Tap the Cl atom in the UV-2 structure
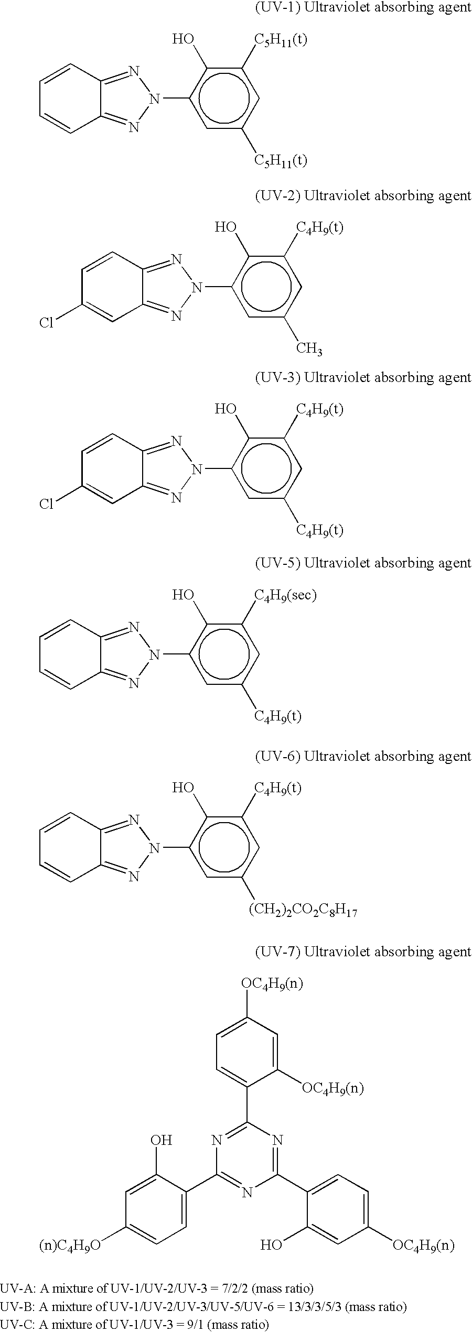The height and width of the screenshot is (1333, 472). click(x=47, y=323)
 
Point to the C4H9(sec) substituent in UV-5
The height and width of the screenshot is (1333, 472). click(x=285, y=595)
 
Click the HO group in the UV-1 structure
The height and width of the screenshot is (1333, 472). click(x=183, y=39)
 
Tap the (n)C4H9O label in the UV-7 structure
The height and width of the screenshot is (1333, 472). click(x=70, y=1245)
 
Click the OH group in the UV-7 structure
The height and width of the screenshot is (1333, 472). click(x=161, y=1140)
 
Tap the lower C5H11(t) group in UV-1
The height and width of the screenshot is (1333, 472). click(x=281, y=160)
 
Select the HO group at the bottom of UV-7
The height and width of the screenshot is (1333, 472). click(x=272, y=1245)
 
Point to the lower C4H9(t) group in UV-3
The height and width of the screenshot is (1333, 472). click(x=320, y=530)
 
